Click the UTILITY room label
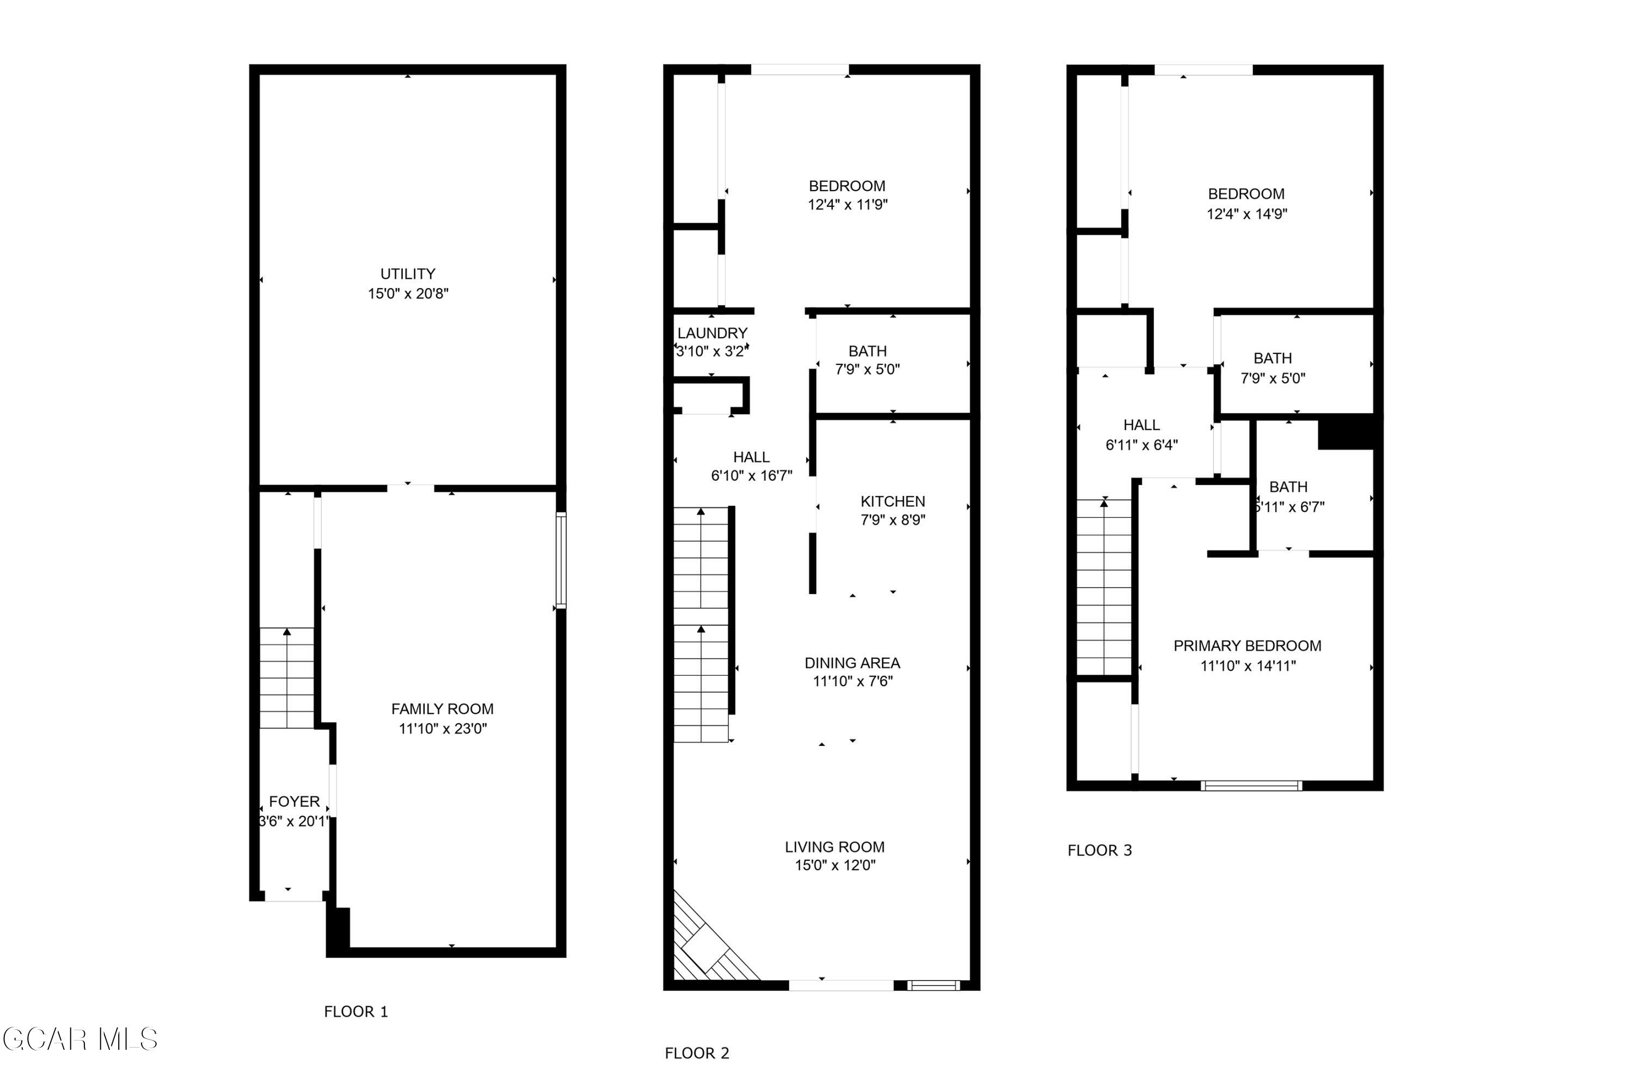pos(408,274)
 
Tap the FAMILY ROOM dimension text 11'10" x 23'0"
pos(443,729)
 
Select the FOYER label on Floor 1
pos(294,802)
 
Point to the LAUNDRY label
pos(713,333)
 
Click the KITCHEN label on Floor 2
pos(893,501)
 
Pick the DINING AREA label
pos(852,663)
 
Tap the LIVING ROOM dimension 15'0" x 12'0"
pos(835,865)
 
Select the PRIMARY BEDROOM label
pos(1248,646)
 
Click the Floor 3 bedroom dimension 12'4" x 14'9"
pos(1247,214)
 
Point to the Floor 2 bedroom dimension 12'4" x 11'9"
pos(848,205)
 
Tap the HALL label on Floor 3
pos(1141,425)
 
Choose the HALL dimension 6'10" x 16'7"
pos(751,476)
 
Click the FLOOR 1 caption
pos(356,1012)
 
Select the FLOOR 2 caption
pos(697,1054)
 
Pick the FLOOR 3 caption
pos(1100,851)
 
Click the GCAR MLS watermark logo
pos(80,1039)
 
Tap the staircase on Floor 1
pos(287,678)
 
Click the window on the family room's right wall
pos(561,560)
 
